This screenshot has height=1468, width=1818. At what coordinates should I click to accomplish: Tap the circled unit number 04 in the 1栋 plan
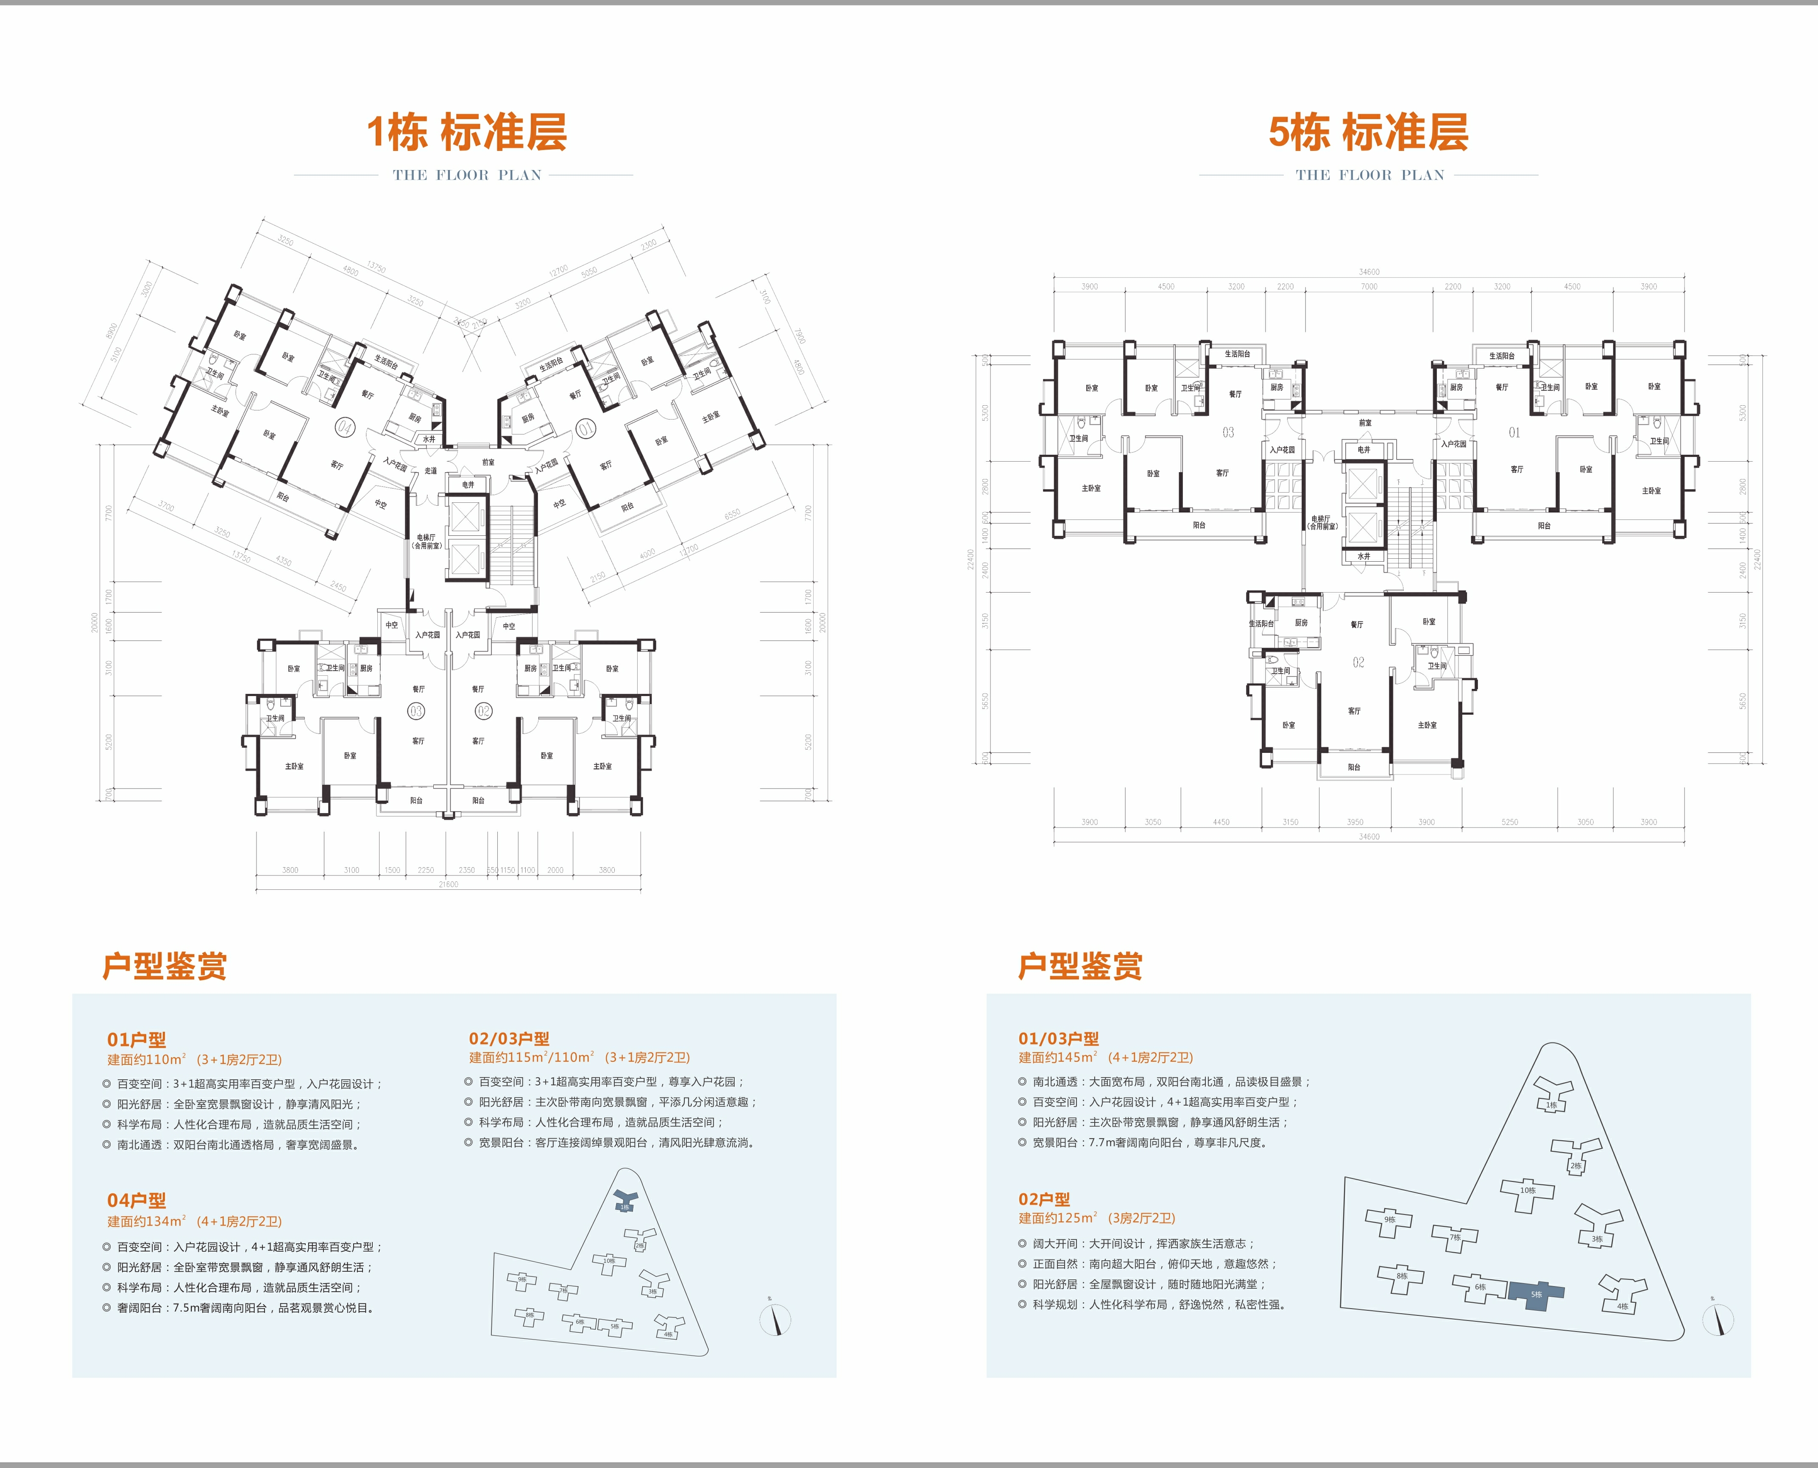pos(344,427)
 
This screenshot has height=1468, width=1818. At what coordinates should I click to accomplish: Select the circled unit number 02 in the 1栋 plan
pos(483,711)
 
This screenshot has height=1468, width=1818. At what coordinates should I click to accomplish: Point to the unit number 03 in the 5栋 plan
pos(1228,432)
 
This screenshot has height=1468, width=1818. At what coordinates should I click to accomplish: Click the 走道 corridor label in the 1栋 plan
pos(430,471)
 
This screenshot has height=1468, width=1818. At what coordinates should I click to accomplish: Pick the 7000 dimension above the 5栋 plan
pos(1369,287)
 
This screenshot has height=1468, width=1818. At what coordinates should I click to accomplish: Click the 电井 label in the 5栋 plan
pos(1363,450)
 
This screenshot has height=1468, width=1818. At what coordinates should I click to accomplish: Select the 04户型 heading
pos(136,1200)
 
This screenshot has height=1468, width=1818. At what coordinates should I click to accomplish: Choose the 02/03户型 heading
pos(509,1039)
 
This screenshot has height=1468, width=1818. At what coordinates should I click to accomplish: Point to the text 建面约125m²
pos(1057,1218)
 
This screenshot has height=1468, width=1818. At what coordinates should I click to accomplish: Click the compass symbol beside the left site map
pos(775,1319)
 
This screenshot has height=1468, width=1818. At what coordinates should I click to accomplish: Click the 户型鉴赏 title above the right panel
pos(1080,966)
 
